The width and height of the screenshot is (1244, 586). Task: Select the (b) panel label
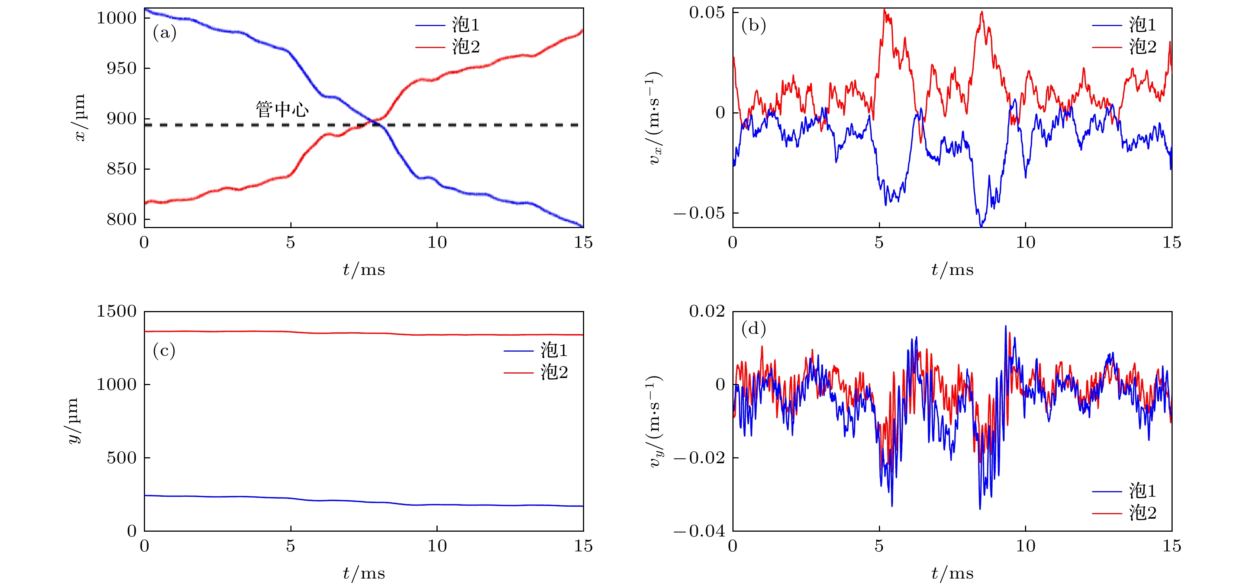click(753, 25)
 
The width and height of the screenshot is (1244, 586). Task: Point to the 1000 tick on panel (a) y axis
click(117, 18)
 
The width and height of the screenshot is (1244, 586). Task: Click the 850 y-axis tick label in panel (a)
click(122, 169)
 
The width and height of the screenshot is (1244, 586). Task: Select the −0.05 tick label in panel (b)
click(700, 213)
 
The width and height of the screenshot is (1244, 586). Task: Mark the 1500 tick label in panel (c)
click(117, 311)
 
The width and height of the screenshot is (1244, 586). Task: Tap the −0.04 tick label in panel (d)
click(700, 531)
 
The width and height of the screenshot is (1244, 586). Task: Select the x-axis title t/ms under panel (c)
click(364, 573)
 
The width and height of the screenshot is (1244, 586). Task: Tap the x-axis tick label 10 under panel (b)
click(1025, 243)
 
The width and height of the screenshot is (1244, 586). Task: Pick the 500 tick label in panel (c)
click(122, 458)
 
